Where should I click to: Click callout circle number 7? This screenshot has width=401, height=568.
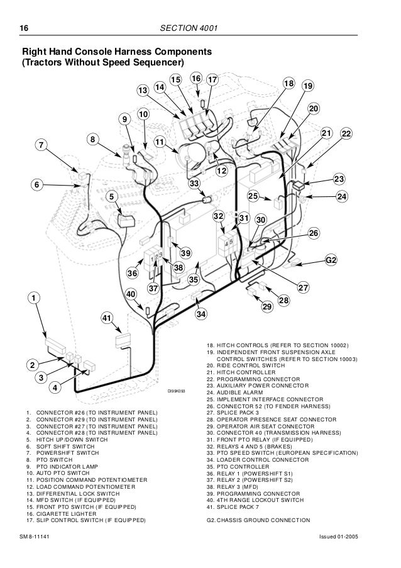click(x=42, y=145)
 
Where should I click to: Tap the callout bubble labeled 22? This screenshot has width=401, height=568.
click(x=346, y=134)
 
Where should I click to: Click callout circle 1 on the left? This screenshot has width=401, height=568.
click(x=31, y=296)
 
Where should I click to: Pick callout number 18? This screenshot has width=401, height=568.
click(x=288, y=84)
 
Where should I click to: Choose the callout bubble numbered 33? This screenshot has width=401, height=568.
click(x=194, y=183)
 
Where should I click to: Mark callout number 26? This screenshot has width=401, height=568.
click(x=314, y=233)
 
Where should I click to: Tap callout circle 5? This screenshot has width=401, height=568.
click(x=111, y=196)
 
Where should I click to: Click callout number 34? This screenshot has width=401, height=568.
click(x=201, y=313)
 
